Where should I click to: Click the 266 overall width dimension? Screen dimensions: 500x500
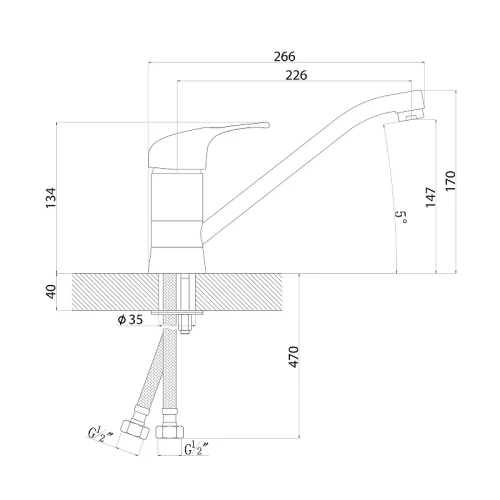284,56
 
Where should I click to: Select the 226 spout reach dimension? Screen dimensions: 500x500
296,75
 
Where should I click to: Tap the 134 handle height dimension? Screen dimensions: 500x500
51,198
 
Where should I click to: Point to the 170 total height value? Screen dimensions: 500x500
450,181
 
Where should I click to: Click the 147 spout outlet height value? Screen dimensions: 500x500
430,197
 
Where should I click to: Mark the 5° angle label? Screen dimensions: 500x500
401,217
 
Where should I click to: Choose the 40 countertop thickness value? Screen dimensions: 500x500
51,292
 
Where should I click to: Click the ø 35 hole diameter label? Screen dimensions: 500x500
130,320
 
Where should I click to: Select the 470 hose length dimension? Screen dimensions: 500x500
293,357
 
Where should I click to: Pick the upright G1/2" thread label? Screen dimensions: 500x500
197,448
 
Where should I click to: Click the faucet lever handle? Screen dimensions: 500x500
200,143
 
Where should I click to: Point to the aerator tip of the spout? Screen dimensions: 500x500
412,105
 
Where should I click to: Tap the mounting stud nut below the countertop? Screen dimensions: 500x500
184,324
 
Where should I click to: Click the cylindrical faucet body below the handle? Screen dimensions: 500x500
177,208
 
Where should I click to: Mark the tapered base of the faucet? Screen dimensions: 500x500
177,260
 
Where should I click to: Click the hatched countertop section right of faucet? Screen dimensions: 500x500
239,292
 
